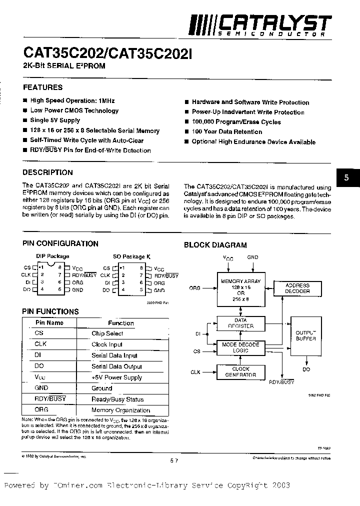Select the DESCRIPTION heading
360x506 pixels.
48,172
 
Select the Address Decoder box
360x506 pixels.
297,288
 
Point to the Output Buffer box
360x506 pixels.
305,335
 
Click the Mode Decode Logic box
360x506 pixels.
240,347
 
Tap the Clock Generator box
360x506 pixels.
240,371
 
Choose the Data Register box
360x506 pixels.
240,323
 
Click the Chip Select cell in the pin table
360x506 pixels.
107,333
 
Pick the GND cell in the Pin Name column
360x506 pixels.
41,388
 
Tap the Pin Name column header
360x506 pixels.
49,323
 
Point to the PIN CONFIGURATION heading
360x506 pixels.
60,244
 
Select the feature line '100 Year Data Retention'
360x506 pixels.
226,132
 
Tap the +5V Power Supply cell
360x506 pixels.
116,377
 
